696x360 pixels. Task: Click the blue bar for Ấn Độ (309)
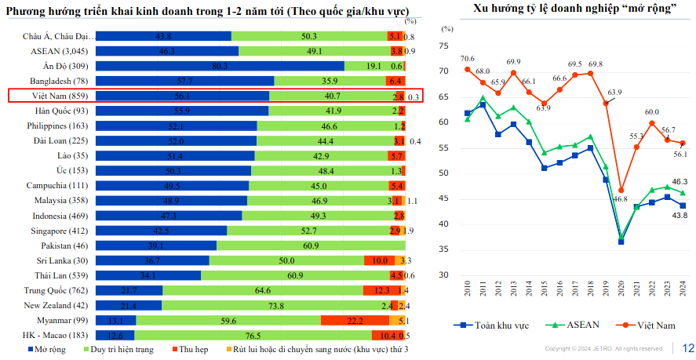[x=220, y=66]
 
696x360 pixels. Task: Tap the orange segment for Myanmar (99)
[x=355, y=320]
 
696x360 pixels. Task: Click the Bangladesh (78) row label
[x=59, y=81]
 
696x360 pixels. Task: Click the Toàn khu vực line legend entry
[x=490, y=325]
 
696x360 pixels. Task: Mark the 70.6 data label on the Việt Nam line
[x=468, y=59]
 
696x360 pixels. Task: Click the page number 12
[x=688, y=348]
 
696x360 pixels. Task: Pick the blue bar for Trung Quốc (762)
[x=129, y=290]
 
